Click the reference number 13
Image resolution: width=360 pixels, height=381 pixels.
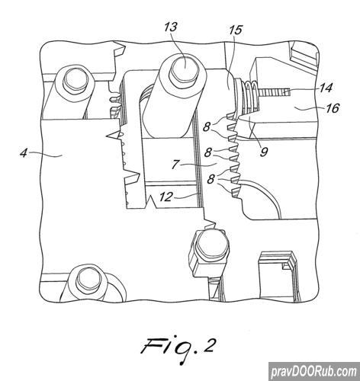click(171, 27)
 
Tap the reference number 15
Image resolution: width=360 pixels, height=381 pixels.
click(236, 30)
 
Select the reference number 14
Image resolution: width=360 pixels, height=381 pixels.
click(326, 88)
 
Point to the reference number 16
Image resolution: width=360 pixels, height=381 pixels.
click(333, 108)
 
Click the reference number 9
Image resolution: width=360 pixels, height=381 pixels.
click(264, 152)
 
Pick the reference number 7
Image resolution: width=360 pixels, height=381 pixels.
click(175, 165)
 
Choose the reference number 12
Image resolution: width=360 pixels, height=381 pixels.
click(166, 197)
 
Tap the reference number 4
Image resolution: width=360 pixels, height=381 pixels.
click(24, 153)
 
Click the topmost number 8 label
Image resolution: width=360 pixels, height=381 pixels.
click(207, 126)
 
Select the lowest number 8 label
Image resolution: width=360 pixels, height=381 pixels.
click(211, 180)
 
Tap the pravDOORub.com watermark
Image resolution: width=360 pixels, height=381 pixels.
click(314, 372)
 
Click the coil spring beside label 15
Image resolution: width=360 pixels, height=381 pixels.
click(251, 97)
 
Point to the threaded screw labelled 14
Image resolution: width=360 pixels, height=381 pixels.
click(275, 93)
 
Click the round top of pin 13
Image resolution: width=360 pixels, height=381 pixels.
click(184, 67)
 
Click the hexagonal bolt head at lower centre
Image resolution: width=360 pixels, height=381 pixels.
click(211, 244)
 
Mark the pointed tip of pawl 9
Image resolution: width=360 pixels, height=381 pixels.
click(238, 119)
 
